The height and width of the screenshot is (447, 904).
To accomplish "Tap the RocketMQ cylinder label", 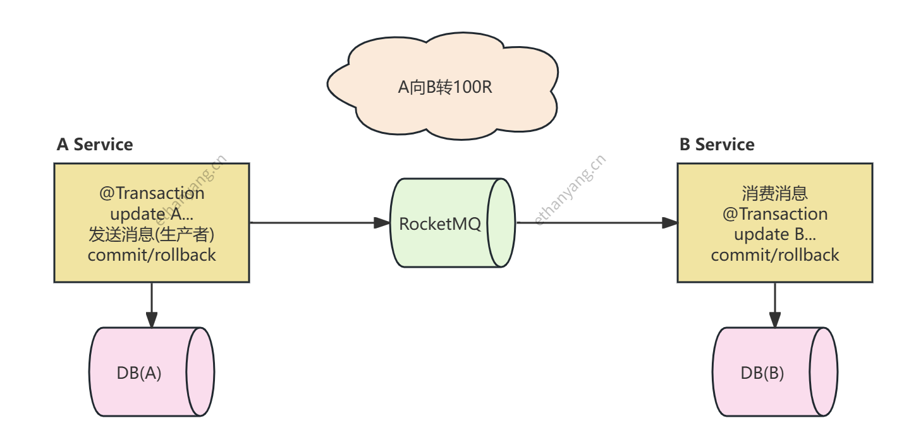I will (440, 223).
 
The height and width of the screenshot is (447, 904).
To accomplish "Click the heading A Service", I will (95, 145).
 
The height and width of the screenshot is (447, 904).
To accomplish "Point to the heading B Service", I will (717, 145).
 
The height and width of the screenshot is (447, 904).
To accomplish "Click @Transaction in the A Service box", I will (152, 193).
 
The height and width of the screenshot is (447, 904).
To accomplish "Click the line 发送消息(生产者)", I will (152, 234).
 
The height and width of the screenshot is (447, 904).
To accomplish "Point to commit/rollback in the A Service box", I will (152, 254).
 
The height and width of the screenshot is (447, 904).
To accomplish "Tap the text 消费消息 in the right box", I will (775, 193).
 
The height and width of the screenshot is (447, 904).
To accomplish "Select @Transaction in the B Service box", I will (775, 213).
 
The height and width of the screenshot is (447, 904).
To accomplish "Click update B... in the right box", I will (775, 234).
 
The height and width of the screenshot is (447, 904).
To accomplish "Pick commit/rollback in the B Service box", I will (775, 254).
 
